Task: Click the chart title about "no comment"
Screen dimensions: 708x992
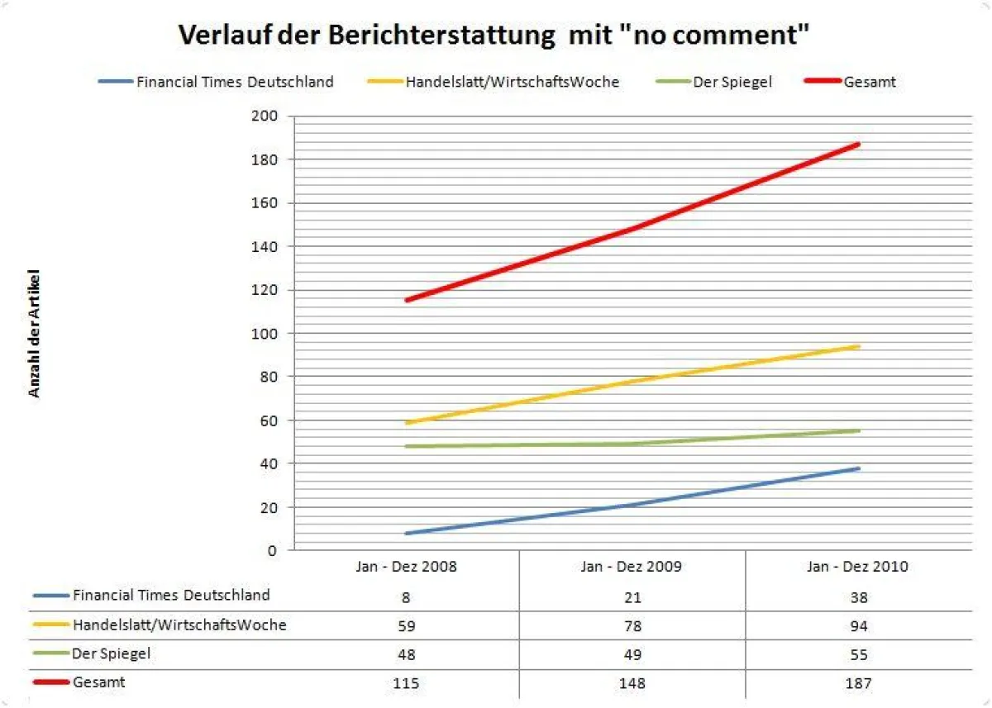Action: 494,36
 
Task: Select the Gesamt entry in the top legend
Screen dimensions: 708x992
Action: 869,81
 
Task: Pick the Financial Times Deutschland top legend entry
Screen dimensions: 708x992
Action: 235,81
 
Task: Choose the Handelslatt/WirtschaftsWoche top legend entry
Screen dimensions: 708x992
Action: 512,81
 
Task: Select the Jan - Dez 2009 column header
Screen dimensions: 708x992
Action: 632,567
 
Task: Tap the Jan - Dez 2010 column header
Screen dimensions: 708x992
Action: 858,567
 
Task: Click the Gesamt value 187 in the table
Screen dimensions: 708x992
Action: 858,683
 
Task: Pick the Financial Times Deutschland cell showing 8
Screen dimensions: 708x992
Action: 406,596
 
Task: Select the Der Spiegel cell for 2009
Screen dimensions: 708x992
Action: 632,654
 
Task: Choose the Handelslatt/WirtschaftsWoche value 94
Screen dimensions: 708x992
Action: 858,625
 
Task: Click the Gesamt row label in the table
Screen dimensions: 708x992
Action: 98,682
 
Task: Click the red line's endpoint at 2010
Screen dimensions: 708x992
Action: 859,144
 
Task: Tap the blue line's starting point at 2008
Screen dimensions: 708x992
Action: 407,533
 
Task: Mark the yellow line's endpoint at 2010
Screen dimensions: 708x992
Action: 859,346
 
